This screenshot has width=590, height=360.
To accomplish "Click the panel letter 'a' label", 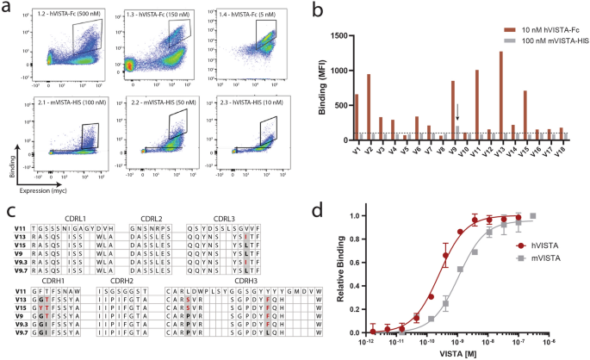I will [8, 7].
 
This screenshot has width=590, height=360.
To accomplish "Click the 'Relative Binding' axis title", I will [320, 272].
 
